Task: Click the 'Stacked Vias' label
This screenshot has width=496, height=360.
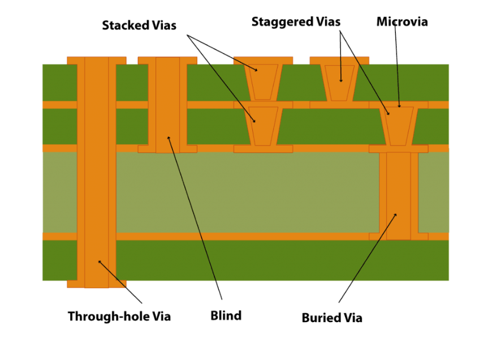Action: coord(139,25)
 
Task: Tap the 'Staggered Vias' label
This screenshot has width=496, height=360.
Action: coord(296,22)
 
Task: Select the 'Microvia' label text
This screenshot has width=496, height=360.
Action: coord(402,22)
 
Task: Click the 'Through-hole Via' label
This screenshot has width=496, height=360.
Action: coord(119,316)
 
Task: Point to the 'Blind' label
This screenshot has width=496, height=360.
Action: coord(226,315)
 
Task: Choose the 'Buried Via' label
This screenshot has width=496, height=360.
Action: coord(332,318)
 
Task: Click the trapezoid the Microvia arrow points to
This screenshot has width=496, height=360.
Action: coord(399,125)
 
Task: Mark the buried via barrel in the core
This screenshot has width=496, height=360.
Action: coord(399,195)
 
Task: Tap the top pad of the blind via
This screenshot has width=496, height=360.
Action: coord(167,60)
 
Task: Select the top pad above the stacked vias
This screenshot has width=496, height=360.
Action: coord(263,60)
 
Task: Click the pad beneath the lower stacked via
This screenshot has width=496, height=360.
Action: coord(263,149)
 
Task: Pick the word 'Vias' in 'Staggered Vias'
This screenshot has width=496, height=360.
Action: coord(329,22)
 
